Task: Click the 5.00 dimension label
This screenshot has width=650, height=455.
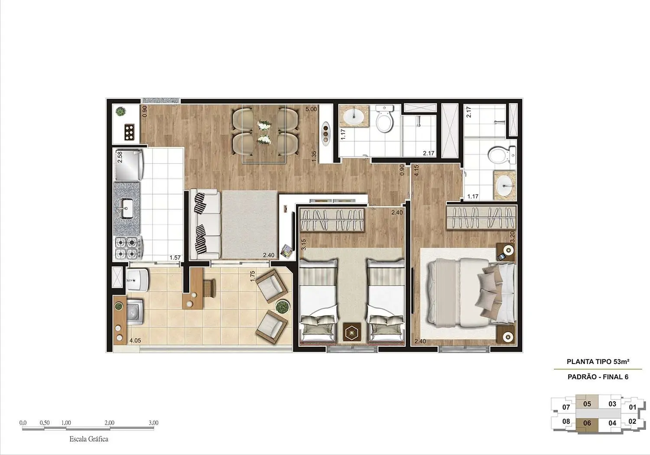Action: coord(311,110)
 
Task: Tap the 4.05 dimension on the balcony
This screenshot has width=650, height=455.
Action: coord(135,341)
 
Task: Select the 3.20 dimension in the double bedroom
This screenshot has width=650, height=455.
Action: coord(512,237)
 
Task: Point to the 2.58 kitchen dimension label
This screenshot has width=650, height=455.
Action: coord(120,157)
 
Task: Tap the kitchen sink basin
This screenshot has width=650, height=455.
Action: coord(127,208)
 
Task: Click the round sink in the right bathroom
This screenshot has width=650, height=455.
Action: coord(504,187)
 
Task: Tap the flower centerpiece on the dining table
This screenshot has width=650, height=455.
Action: coord(263,132)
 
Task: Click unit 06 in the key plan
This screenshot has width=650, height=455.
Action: coord(587,423)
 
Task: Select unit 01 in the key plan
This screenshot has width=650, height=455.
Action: coord(633,407)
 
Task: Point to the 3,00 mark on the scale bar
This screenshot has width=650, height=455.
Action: coord(153,423)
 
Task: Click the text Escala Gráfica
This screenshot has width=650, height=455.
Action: coord(89,439)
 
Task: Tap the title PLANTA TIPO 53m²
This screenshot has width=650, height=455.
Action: coord(598,361)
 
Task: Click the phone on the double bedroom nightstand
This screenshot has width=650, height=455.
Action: coord(501,257)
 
